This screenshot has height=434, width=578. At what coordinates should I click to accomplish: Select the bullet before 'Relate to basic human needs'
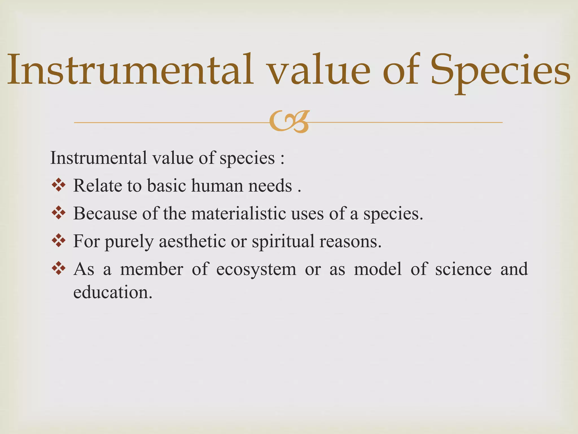[59, 186]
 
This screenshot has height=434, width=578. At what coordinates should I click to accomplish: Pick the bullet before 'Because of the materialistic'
[59, 213]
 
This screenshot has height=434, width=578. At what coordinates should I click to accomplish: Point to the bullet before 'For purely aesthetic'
[59, 240]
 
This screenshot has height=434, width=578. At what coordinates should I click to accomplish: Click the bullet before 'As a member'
[59, 268]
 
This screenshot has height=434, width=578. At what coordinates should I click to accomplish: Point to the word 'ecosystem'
[256, 269]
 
